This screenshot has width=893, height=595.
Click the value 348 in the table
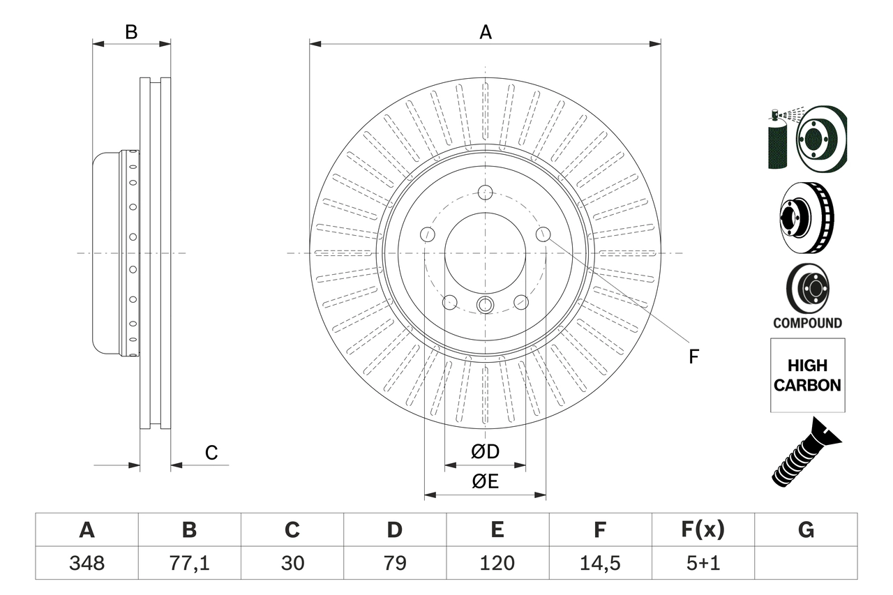point(87,563)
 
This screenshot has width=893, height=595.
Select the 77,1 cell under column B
point(189,563)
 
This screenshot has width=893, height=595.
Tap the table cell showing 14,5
point(599,563)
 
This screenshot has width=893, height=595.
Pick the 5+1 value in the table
point(702,563)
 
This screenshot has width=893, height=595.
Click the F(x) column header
point(702,530)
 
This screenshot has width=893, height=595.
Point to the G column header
point(806,530)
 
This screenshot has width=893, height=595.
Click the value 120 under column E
point(497,563)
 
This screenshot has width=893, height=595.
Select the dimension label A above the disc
point(486,32)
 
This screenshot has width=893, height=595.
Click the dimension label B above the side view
point(131,32)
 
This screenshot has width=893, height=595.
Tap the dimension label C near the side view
point(211,453)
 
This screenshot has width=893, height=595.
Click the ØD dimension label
point(486,452)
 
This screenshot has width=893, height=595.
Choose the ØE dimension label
point(486,482)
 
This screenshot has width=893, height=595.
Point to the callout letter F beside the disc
point(693,357)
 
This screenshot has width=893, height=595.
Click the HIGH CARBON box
point(807,375)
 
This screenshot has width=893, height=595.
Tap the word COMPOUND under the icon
point(807,323)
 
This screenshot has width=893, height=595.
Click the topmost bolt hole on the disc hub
point(486,193)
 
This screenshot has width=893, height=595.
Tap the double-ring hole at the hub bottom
point(486,305)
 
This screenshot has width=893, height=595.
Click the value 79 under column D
point(394,563)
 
